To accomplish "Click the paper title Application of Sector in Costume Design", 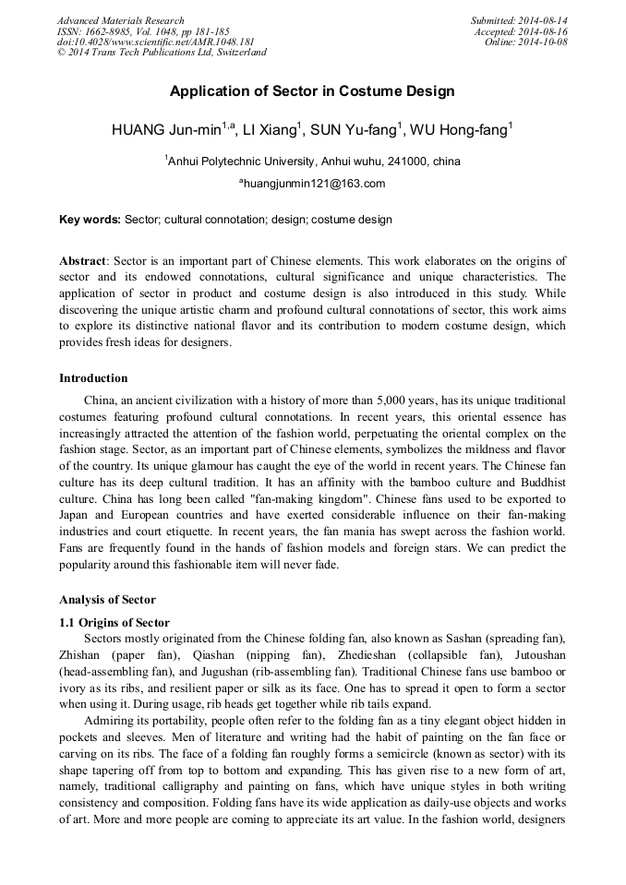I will [x=312, y=92].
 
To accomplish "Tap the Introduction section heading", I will [x=93, y=378].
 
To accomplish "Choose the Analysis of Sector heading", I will [x=107, y=600].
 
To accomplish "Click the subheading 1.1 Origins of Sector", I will [x=114, y=623].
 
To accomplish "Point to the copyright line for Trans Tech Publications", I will [x=162, y=53].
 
